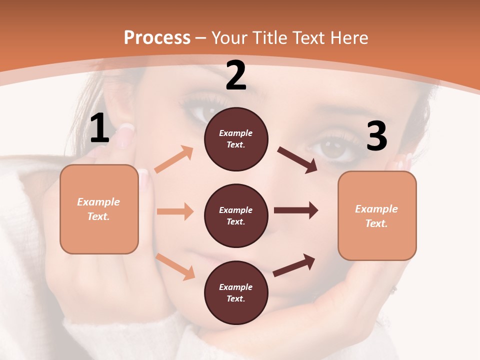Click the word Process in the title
pyautogui.click(x=157, y=37)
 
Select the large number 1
pyautogui.click(x=99, y=128)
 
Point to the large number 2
pyautogui.click(x=236, y=75)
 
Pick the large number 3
pyautogui.click(x=376, y=136)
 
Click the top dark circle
pyautogui.click(x=236, y=139)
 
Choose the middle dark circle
pyautogui.click(x=236, y=216)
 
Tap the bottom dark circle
pyautogui.click(x=236, y=293)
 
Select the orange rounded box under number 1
pyautogui.click(x=99, y=209)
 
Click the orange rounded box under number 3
pyautogui.click(x=377, y=216)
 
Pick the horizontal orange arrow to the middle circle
pyautogui.click(x=175, y=211)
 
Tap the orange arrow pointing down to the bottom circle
pyautogui.click(x=175, y=266)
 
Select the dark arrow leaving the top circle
pyautogui.click(x=297, y=160)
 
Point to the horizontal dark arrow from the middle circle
pyautogui.click(x=296, y=210)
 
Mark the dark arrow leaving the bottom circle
pyautogui.click(x=294, y=265)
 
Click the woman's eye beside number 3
pyautogui.click(x=334, y=149)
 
